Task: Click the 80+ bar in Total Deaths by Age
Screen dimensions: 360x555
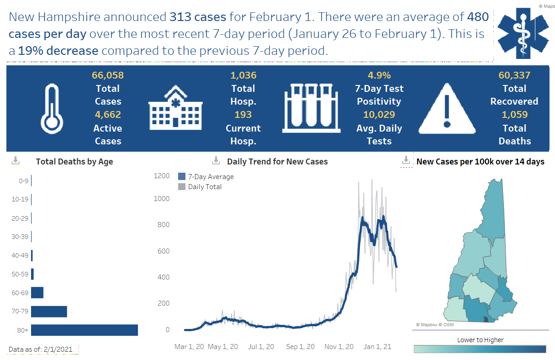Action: click(x=85, y=330)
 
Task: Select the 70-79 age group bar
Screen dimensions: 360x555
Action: click(x=49, y=312)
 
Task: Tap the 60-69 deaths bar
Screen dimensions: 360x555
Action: click(x=37, y=292)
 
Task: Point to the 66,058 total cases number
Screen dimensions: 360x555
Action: click(x=108, y=75)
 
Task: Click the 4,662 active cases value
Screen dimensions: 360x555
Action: click(x=108, y=115)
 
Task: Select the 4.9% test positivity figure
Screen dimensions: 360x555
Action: click(x=379, y=75)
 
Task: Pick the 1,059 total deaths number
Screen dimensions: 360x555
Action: click(x=514, y=115)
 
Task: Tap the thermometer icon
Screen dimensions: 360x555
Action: click(x=53, y=108)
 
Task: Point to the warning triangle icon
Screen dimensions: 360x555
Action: click(x=446, y=108)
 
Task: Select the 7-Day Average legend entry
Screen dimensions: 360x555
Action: click(x=206, y=177)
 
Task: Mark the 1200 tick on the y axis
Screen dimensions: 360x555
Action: click(x=161, y=176)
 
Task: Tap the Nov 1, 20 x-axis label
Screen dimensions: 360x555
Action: click(x=339, y=347)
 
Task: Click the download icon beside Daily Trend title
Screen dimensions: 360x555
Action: click(x=216, y=161)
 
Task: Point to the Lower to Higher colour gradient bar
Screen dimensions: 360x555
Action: click(x=480, y=349)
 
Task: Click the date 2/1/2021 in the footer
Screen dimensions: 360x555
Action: click(x=58, y=349)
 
